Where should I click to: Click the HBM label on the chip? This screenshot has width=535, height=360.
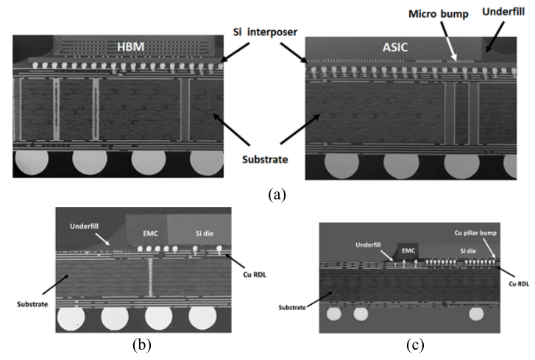[x=131, y=47]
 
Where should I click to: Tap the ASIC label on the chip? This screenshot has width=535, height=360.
[x=395, y=47]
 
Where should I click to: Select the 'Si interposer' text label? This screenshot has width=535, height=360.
[x=265, y=32]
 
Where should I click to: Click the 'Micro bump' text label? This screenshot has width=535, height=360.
[x=439, y=14]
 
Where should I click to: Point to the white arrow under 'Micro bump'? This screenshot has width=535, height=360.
[x=448, y=42]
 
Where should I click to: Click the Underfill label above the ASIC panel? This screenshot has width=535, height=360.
[x=503, y=12]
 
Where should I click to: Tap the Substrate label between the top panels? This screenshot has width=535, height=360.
[x=265, y=159]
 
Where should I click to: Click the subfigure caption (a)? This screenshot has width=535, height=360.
[x=277, y=195]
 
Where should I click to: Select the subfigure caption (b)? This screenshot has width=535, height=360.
[x=141, y=345]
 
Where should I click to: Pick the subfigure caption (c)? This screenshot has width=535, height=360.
[x=415, y=345]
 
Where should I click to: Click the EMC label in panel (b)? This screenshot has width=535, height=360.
[x=150, y=233]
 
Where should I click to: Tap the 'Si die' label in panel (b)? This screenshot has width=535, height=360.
[x=205, y=233]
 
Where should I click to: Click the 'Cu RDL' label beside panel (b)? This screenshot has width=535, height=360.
[x=255, y=275]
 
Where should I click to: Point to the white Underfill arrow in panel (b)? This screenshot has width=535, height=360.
[x=102, y=239]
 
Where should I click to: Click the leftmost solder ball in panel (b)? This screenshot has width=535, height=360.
[x=71, y=318]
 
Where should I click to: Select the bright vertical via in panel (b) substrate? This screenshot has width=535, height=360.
[x=150, y=277]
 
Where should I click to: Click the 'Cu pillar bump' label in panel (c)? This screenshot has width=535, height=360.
[x=475, y=233]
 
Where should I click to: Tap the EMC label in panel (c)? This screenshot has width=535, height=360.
[x=408, y=251]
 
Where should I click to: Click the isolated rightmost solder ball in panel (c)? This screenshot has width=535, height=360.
[x=476, y=314]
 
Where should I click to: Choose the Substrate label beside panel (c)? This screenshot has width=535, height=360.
[x=292, y=308]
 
